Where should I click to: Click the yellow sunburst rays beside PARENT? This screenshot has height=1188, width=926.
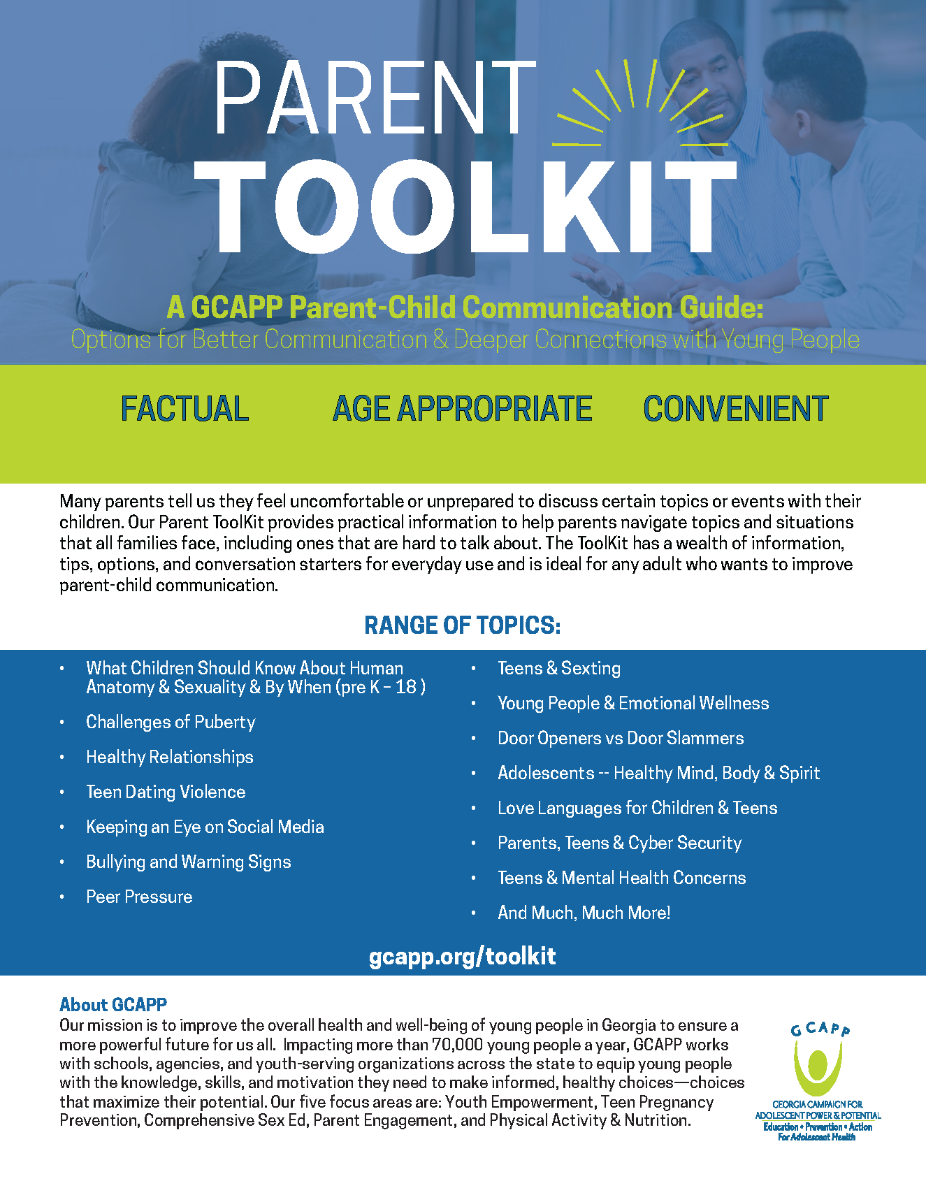(632, 105)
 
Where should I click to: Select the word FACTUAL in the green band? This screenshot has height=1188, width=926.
(185, 409)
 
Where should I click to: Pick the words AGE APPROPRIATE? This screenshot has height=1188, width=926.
(462, 409)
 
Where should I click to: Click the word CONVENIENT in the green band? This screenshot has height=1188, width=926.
(735, 409)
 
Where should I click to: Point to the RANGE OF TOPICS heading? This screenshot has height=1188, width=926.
(462, 625)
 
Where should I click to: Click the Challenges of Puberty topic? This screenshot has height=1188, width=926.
(171, 722)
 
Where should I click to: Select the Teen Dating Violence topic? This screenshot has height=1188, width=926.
(166, 792)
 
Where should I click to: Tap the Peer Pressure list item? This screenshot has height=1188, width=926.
(139, 897)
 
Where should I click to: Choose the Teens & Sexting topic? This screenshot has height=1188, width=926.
(558, 669)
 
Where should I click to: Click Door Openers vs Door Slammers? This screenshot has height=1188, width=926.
(620, 739)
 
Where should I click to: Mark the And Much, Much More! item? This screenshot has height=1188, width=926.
(584, 913)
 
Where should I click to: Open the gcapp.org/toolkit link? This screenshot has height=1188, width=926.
(462, 956)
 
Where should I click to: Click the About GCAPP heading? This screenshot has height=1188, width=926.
(113, 1005)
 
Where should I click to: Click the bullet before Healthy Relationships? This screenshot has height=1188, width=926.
(62, 758)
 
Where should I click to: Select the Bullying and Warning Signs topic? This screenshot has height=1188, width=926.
(188, 862)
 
